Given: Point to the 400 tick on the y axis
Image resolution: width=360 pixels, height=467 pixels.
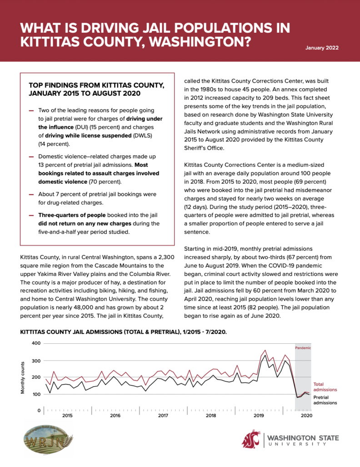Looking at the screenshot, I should [x=36, y=343].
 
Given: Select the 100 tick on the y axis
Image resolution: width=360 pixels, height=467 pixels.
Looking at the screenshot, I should [x=36, y=394].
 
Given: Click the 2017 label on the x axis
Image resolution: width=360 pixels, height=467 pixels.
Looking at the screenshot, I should [x=163, y=416].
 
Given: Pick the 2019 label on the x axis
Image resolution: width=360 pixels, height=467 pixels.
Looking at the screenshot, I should [x=259, y=416].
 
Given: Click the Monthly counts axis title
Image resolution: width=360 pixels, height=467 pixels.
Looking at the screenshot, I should [x=23, y=377].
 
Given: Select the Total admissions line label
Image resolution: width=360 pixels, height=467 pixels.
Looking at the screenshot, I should [x=325, y=387].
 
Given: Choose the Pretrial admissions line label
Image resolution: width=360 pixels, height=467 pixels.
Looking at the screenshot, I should [x=325, y=400].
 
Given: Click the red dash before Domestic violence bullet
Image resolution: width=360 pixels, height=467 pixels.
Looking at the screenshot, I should [x=31, y=157].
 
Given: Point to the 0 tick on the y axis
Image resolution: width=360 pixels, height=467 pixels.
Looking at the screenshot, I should [x=40, y=410].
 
